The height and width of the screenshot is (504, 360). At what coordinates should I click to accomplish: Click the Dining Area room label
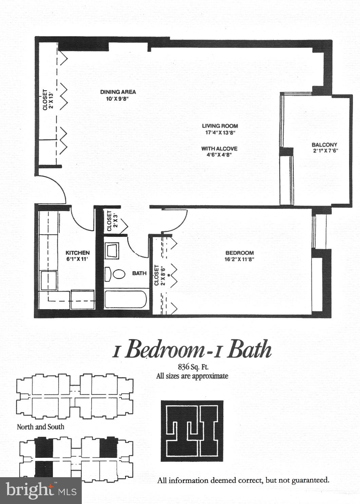click(x=118, y=92)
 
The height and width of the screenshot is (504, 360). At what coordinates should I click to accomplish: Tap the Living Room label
click(x=220, y=126)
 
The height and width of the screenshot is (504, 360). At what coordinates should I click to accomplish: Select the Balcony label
click(x=324, y=145)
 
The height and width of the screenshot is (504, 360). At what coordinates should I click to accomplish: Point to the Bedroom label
click(x=240, y=253)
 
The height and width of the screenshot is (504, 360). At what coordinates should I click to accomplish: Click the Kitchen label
click(x=77, y=253)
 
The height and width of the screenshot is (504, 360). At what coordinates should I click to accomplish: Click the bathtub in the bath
click(x=126, y=299)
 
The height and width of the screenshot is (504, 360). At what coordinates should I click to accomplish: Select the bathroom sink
click(x=112, y=251)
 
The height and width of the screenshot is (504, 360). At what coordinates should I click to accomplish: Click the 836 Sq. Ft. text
click(x=193, y=367)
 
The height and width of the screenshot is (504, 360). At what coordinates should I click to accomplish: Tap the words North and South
click(x=40, y=427)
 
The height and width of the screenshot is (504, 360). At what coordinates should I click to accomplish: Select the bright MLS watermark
click(x=41, y=490)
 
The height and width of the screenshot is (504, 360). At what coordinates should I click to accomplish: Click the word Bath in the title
click(x=249, y=350)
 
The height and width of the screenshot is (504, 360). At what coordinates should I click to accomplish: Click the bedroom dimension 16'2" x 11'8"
click(x=240, y=260)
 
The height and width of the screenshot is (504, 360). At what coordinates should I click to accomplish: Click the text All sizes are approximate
click(x=192, y=376)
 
